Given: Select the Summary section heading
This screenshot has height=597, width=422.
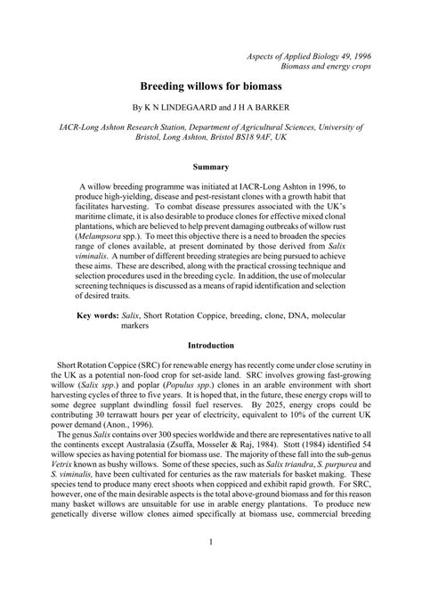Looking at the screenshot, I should (211, 166).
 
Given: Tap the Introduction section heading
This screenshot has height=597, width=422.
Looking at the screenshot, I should (211, 344).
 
